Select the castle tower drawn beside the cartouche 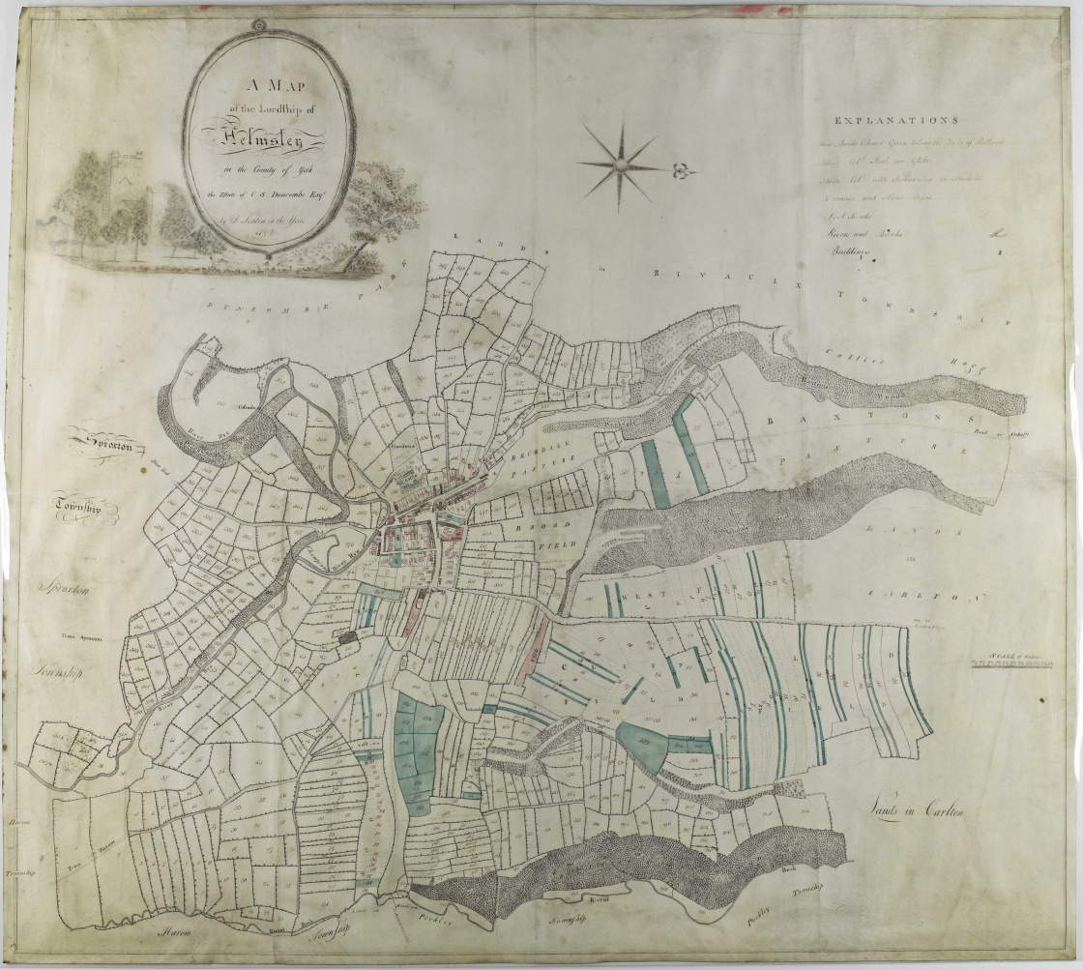125,190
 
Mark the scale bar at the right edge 1010,664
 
